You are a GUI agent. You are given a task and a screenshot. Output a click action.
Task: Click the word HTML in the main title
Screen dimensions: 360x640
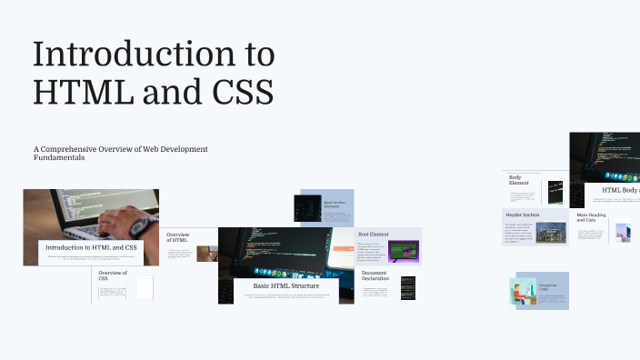pos(76,92)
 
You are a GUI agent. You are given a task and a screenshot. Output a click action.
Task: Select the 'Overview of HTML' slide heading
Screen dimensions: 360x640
pos(177,238)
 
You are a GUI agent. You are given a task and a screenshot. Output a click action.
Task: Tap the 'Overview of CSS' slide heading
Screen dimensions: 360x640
pos(112,276)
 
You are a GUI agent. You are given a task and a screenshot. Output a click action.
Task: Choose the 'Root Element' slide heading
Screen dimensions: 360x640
pos(373,235)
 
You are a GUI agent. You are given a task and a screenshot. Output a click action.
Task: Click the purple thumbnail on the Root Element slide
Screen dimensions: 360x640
pos(402,252)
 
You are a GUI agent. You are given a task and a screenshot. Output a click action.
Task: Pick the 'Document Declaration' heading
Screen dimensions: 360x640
pos(375,275)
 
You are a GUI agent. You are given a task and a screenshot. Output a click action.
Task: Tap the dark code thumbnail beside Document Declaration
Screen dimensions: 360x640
pos(408,288)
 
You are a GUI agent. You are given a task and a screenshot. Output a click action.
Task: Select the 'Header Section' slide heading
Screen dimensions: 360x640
pos(523,215)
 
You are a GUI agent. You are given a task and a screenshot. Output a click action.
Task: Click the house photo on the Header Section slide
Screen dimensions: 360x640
pos(550,233)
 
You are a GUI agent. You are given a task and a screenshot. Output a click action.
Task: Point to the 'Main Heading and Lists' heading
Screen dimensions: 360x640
pos(592,218)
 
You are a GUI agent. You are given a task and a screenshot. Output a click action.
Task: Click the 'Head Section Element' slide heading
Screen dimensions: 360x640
pos(336,205)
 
